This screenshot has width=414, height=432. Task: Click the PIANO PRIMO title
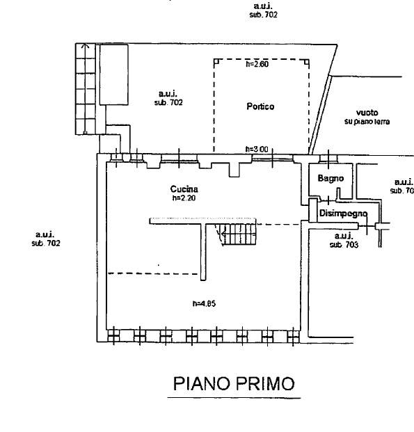234,383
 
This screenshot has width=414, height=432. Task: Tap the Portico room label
260,106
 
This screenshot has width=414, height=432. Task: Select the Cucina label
184,189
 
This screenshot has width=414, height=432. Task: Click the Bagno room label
331,178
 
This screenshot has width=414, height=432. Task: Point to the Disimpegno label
343,214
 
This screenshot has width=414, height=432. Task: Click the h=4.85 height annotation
204,303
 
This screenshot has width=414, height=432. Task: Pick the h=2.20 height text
184,198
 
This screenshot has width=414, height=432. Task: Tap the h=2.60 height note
257,64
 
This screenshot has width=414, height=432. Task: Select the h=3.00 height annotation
257,149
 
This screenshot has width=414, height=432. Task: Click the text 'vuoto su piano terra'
367,117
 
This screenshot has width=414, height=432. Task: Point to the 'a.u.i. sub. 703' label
344,240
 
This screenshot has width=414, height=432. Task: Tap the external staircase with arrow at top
86,89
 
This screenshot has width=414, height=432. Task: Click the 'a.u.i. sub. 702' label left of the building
46,239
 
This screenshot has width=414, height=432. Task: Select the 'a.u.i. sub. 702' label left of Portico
168,98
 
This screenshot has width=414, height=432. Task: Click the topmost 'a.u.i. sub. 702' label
263,10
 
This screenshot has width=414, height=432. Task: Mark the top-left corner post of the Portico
216,62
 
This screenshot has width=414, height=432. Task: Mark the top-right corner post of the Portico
307,62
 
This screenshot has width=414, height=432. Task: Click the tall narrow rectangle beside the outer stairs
114,74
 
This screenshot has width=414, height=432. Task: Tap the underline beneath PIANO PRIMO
234,398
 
